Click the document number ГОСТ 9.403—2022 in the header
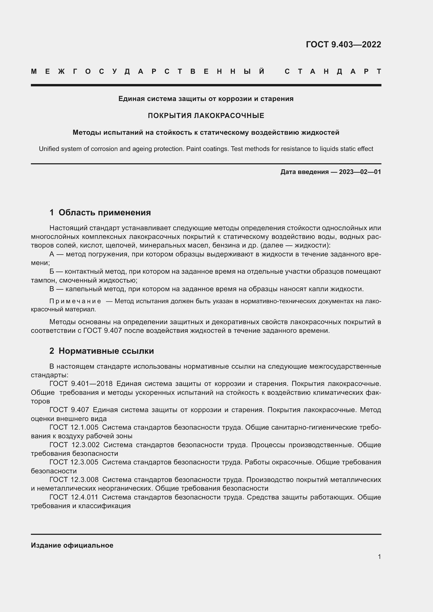[x=343, y=44]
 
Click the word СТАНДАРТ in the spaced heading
[x=333, y=71]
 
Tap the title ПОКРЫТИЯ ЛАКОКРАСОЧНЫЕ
[x=206, y=115]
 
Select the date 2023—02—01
[x=360, y=172]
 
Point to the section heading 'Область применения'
[x=104, y=212]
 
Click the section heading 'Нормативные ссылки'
[x=106, y=351]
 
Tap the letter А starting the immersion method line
[x=52, y=254]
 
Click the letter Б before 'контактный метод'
[x=52, y=271]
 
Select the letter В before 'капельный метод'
[x=52, y=289]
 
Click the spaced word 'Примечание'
[x=75, y=301]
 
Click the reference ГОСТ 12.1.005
[x=74, y=427]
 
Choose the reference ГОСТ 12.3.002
[x=74, y=445]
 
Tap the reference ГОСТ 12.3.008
[x=74, y=480]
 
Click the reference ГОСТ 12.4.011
[x=74, y=497]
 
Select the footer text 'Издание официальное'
[x=72, y=545]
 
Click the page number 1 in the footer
[x=379, y=557]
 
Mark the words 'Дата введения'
[x=304, y=172]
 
